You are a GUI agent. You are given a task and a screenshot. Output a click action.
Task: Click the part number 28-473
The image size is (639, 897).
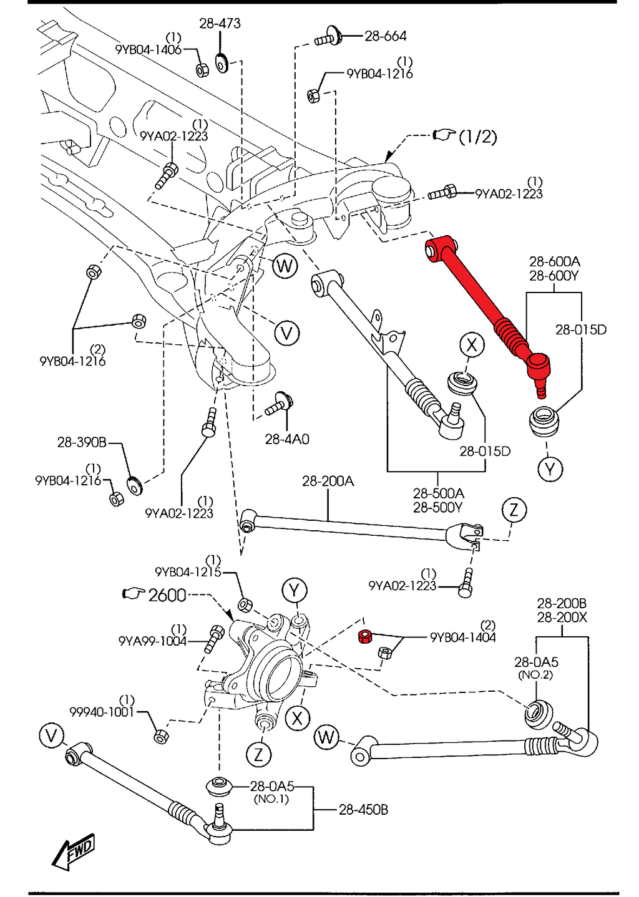[220, 24]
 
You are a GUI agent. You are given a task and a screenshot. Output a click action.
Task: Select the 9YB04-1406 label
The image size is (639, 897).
[148, 50]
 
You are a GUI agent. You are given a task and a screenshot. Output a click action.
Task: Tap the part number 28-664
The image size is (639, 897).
[385, 37]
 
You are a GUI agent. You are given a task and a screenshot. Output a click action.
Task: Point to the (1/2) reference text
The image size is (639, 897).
[477, 137]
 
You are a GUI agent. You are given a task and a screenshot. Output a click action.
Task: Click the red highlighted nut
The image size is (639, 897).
[365, 637]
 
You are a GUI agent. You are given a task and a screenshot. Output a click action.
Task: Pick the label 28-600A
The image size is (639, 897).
[554, 262]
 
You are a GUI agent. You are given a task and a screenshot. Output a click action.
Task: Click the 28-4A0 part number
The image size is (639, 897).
[286, 439]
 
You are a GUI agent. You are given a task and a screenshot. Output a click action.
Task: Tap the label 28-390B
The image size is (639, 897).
[82, 442]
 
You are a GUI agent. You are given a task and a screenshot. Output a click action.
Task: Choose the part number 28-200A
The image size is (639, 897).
[328, 481]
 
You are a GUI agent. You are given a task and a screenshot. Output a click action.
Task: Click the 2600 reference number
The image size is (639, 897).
[167, 595]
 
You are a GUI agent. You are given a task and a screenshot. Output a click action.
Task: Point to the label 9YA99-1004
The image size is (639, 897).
[152, 641]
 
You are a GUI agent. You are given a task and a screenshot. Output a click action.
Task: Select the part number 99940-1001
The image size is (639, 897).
[102, 712]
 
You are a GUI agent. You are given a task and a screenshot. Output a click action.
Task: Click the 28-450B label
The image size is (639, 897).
[363, 810]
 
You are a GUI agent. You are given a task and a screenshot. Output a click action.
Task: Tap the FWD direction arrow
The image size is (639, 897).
[74, 851]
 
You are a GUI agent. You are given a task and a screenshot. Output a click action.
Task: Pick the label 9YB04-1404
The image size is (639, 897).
[462, 638]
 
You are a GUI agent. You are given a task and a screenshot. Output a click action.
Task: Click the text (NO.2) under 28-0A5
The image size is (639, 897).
[535, 675]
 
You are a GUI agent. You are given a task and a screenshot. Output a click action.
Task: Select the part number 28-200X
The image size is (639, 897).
[562, 618]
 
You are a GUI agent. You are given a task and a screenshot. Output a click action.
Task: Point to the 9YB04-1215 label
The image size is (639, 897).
[188, 572]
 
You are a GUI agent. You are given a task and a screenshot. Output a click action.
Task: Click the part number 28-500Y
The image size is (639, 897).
[437, 508]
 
